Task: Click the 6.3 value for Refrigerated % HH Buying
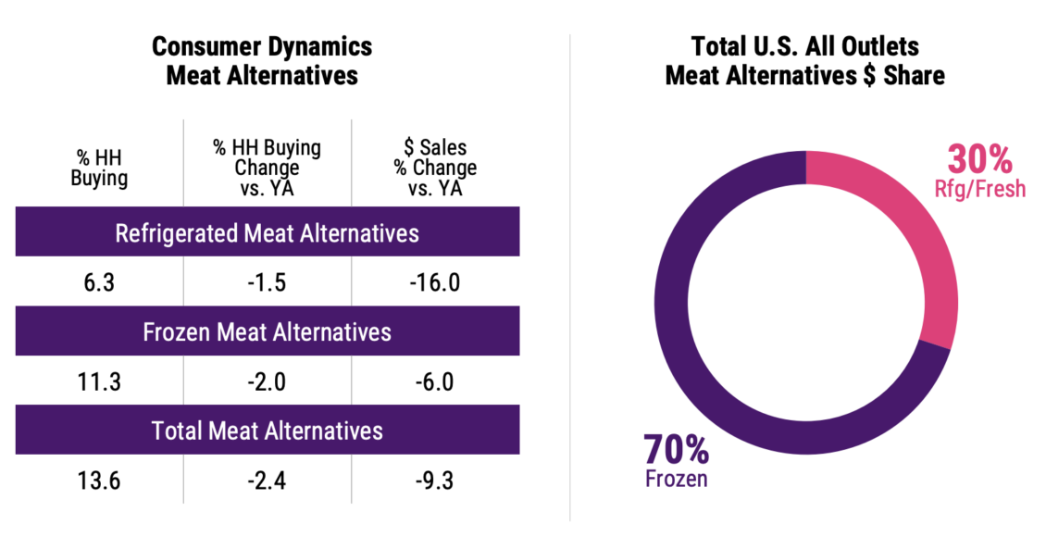[99, 282]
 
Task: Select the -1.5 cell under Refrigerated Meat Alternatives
[267, 282]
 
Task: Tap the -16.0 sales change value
[435, 282]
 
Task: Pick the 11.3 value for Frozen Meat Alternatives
[99, 381]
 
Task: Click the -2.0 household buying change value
[267, 381]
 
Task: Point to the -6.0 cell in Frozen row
[435, 381]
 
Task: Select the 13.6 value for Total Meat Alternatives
[99, 481]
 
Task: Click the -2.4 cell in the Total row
[267, 481]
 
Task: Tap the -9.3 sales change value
[435, 481]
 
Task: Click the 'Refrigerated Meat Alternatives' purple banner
[267, 232]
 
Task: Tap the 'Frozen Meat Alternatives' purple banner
[267, 331]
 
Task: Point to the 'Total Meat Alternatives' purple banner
[267, 431]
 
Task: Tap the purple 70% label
[676, 451]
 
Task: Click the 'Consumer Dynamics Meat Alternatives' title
[262, 61]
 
